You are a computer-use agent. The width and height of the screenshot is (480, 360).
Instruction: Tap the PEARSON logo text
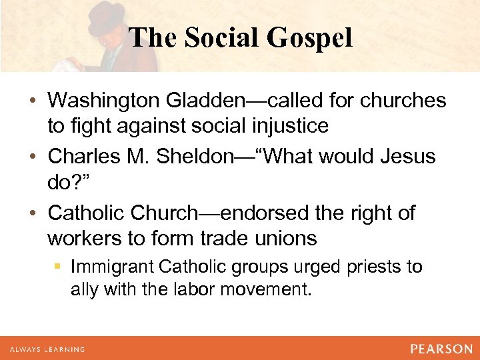pos(441,349)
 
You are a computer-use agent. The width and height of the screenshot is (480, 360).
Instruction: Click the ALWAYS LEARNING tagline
pos(46,349)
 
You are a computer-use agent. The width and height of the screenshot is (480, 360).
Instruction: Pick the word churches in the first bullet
pos(403,101)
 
